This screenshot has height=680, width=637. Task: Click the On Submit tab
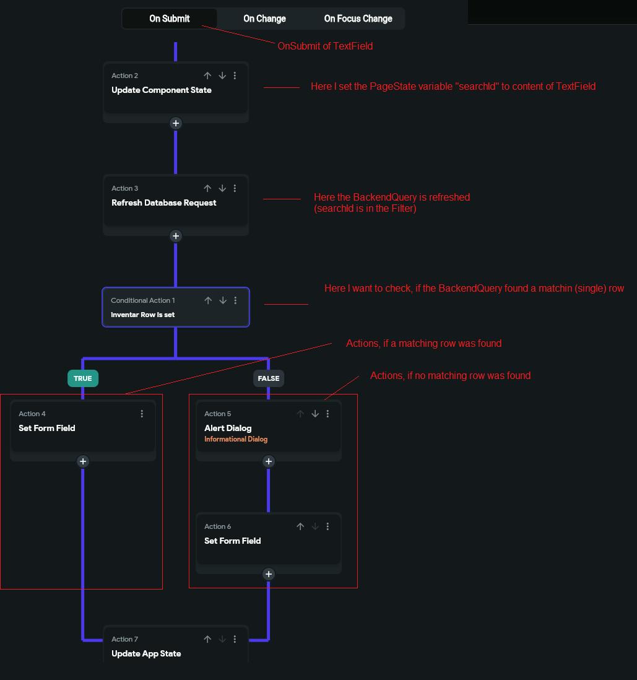click(170, 19)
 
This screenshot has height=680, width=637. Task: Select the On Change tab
click(264, 19)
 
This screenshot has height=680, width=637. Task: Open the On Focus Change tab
click(358, 19)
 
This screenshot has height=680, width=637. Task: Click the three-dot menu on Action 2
click(235, 76)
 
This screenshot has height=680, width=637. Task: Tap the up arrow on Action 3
click(208, 188)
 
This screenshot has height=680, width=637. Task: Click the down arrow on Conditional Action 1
click(223, 300)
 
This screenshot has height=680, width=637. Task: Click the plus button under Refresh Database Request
click(176, 236)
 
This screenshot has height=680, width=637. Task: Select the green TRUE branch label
click(83, 378)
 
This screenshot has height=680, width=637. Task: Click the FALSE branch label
click(269, 378)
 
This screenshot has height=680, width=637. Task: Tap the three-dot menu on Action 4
click(142, 414)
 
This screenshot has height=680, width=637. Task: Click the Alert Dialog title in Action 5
click(228, 428)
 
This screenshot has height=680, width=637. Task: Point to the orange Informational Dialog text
click(236, 439)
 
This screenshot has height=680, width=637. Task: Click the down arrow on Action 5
click(315, 414)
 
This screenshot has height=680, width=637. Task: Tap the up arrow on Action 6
click(300, 526)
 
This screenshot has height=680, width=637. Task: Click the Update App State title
click(146, 653)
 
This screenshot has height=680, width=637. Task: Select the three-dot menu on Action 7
click(235, 639)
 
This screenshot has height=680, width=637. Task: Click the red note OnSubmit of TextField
click(325, 46)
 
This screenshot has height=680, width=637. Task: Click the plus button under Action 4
click(83, 461)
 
